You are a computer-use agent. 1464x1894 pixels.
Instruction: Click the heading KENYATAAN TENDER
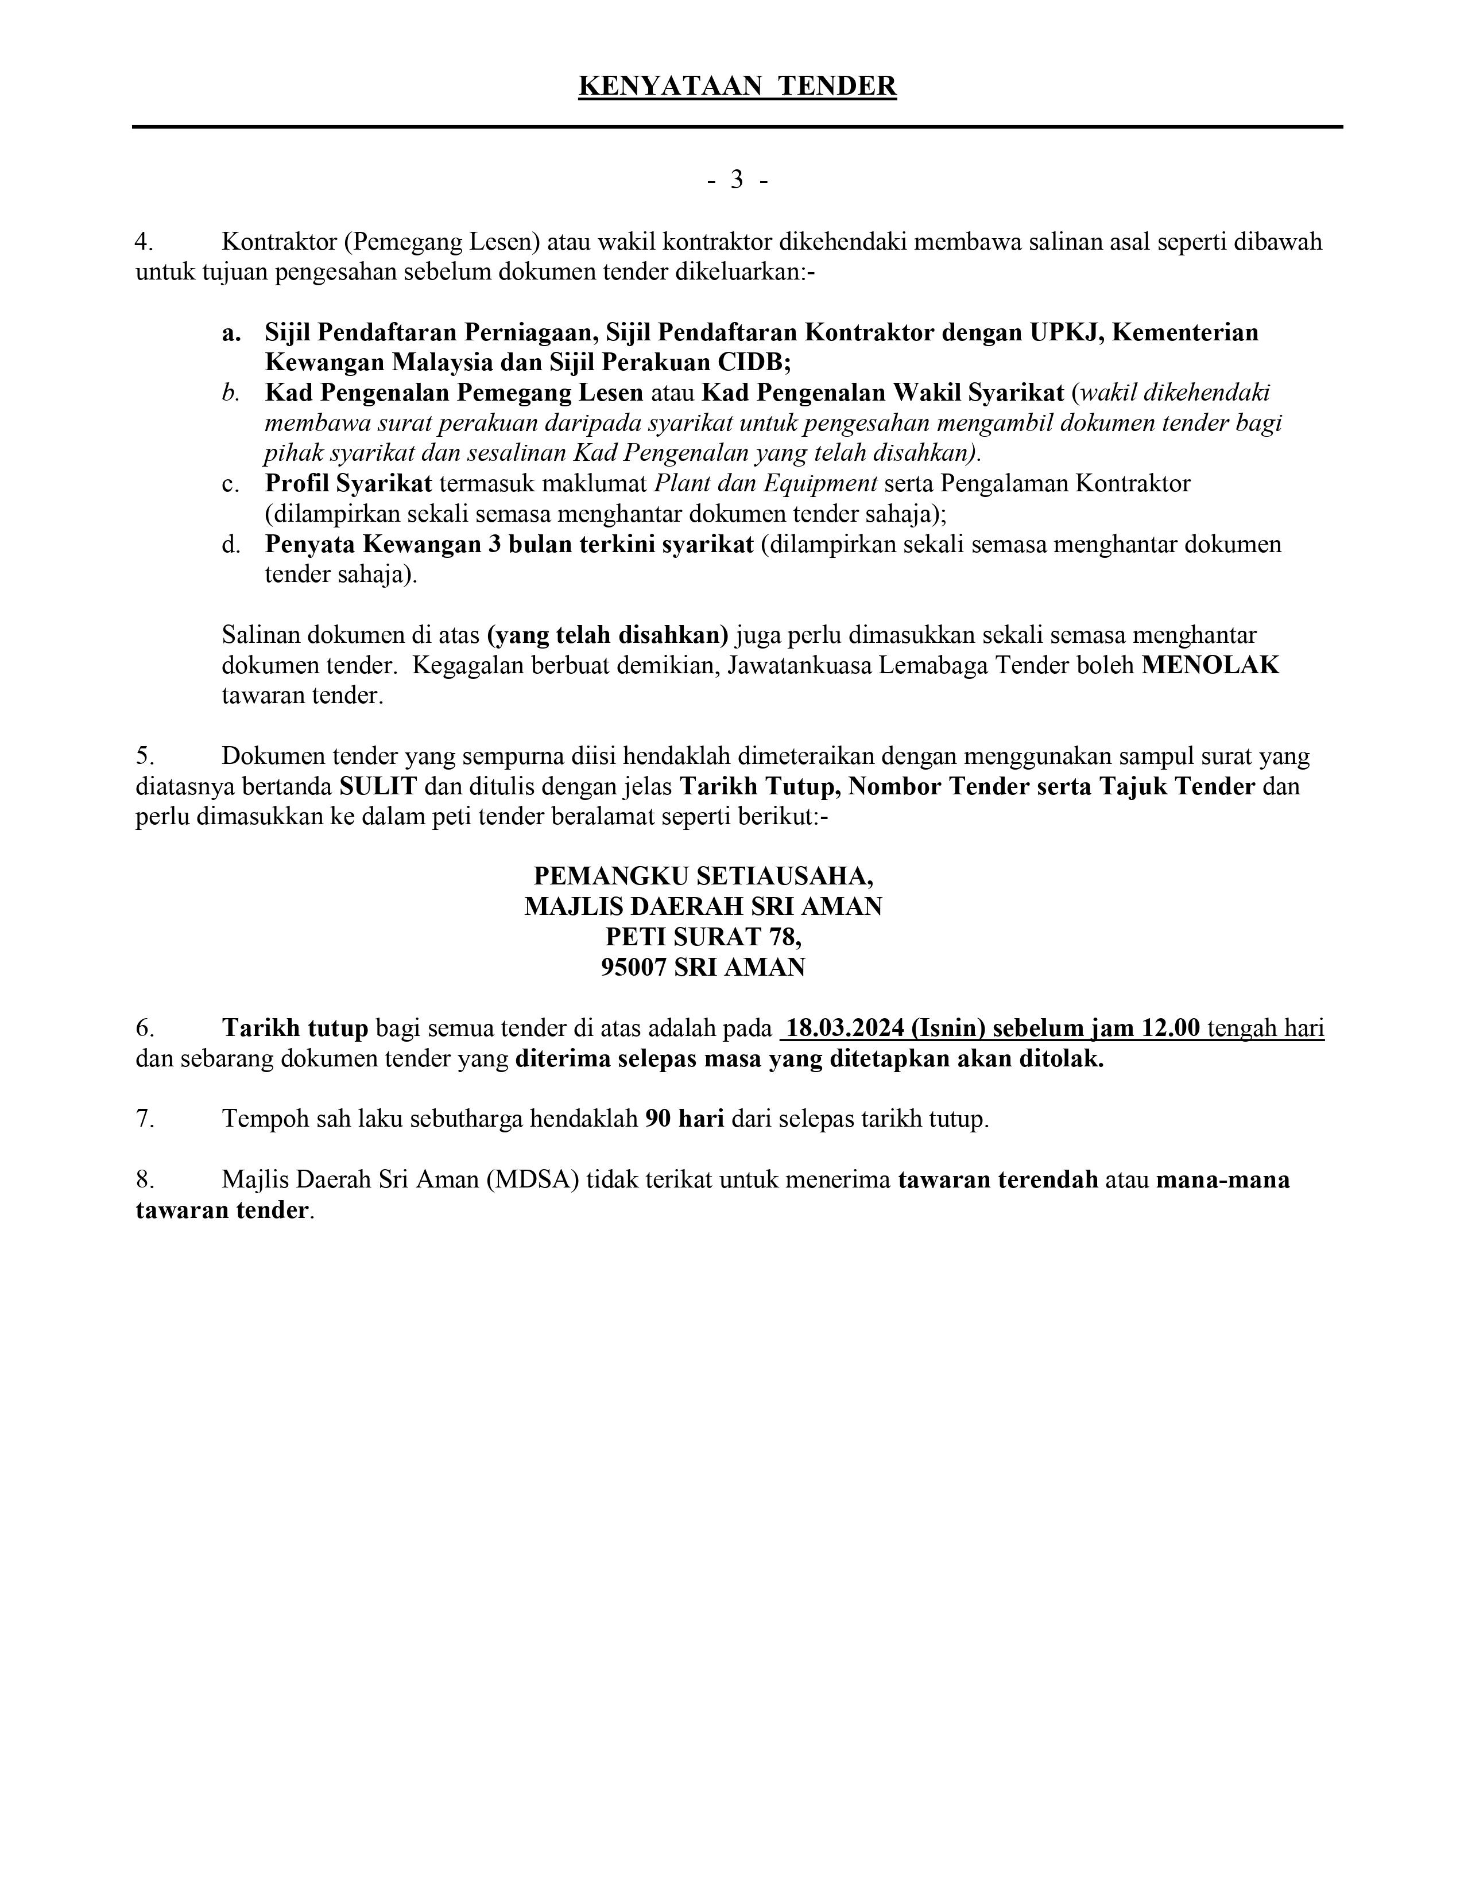point(737,87)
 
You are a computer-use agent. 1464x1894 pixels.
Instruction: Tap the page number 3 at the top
point(737,180)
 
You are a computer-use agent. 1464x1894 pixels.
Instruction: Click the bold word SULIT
point(378,786)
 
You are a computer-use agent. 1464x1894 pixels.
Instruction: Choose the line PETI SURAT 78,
point(703,937)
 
